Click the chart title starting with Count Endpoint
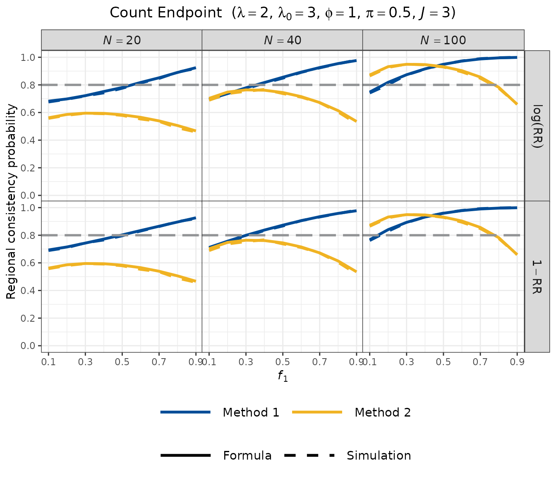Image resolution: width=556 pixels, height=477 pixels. click(x=283, y=13)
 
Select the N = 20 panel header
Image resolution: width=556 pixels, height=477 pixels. click(x=122, y=40)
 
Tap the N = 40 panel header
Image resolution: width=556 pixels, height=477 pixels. click(x=283, y=40)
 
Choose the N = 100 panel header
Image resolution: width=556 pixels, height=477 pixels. click(x=443, y=40)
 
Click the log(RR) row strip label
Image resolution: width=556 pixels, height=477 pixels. click(x=537, y=125)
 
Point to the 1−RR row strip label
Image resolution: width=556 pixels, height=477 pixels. click(x=537, y=277)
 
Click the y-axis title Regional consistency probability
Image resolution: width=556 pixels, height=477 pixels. click(x=11, y=201)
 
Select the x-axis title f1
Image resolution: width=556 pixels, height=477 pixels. click(x=283, y=376)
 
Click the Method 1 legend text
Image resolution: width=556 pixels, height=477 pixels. click(x=251, y=412)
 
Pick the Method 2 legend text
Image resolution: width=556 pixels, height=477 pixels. click(x=383, y=412)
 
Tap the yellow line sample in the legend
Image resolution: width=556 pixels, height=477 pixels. click(x=317, y=412)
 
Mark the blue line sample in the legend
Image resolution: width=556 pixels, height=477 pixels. click(x=186, y=412)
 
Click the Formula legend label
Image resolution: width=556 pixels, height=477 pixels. click(x=247, y=455)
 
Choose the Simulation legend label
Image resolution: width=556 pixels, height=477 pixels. click(x=379, y=455)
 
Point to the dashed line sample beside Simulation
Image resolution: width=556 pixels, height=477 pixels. click(x=309, y=455)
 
